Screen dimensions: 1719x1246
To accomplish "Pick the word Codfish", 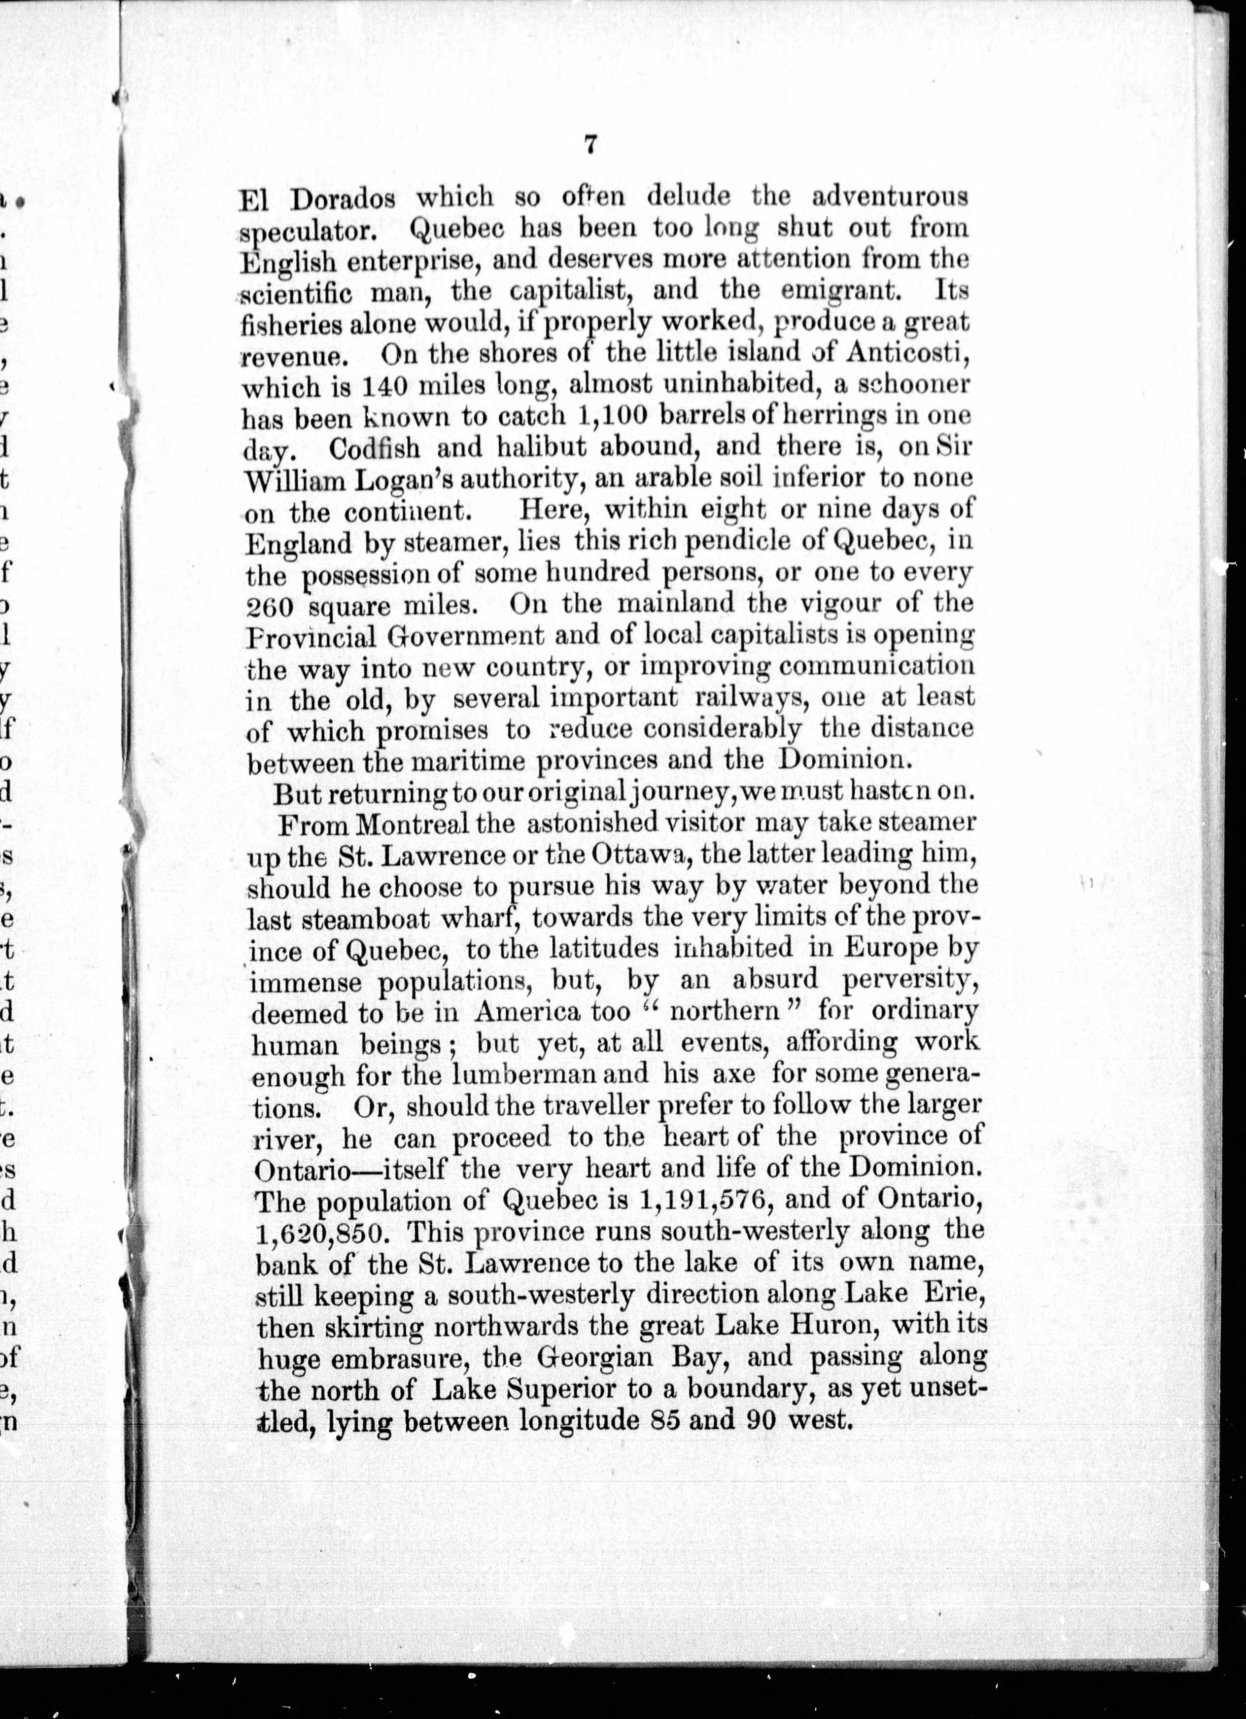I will (x=375, y=448).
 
